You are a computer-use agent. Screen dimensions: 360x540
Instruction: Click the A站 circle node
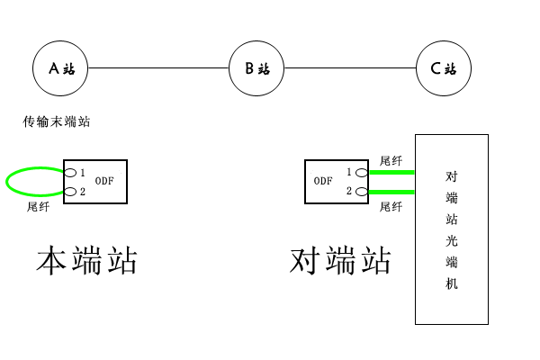point(61,67)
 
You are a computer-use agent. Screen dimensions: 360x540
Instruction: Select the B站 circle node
point(256,67)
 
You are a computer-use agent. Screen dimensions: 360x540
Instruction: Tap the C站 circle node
point(444,67)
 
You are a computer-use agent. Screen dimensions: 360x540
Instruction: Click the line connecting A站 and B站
point(158,67)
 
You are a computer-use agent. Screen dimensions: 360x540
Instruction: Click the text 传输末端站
point(57,121)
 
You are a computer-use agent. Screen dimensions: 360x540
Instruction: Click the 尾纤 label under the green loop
point(39,206)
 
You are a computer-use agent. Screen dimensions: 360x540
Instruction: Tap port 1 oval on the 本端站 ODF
point(69,172)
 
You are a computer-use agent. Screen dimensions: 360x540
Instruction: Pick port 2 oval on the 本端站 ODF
point(69,191)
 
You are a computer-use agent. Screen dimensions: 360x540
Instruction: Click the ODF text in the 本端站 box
point(105,181)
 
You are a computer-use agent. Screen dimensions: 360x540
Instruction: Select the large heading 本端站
point(86,260)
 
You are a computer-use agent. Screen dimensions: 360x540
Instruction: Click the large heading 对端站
point(341,260)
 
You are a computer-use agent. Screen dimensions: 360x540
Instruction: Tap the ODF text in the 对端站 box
point(323,181)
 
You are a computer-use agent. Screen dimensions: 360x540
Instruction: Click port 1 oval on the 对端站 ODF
point(362,172)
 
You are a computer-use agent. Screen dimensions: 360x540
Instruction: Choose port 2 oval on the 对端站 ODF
point(362,192)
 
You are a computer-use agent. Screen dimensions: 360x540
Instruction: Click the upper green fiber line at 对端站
point(391,172)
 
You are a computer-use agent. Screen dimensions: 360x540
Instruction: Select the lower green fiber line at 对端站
point(391,192)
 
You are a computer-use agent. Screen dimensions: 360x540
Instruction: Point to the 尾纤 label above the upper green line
point(391,159)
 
